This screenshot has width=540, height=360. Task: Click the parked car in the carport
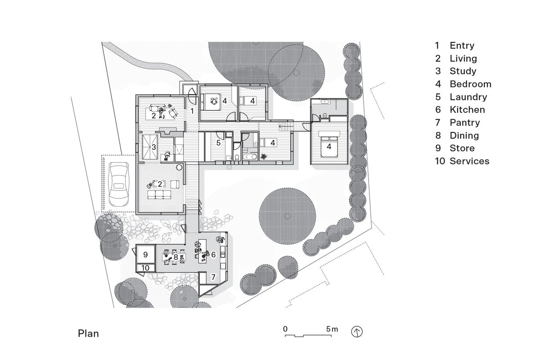[x=119, y=183]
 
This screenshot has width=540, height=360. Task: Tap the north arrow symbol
[x=357, y=332]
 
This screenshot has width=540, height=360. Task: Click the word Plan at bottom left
[x=88, y=333]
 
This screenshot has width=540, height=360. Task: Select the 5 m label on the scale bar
[x=332, y=329]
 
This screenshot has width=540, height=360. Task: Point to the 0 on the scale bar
[x=285, y=329]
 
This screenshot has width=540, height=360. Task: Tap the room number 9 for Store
[x=145, y=255]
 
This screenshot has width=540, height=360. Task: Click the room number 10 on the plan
[x=145, y=268]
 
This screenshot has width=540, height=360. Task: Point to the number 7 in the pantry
[x=214, y=276]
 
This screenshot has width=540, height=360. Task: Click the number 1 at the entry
[x=191, y=110]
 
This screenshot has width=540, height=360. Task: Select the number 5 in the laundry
[x=219, y=143]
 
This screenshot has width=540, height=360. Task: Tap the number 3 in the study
[x=153, y=147]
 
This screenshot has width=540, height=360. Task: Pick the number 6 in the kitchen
[x=213, y=255]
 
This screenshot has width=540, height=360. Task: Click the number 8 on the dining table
[x=175, y=257]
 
